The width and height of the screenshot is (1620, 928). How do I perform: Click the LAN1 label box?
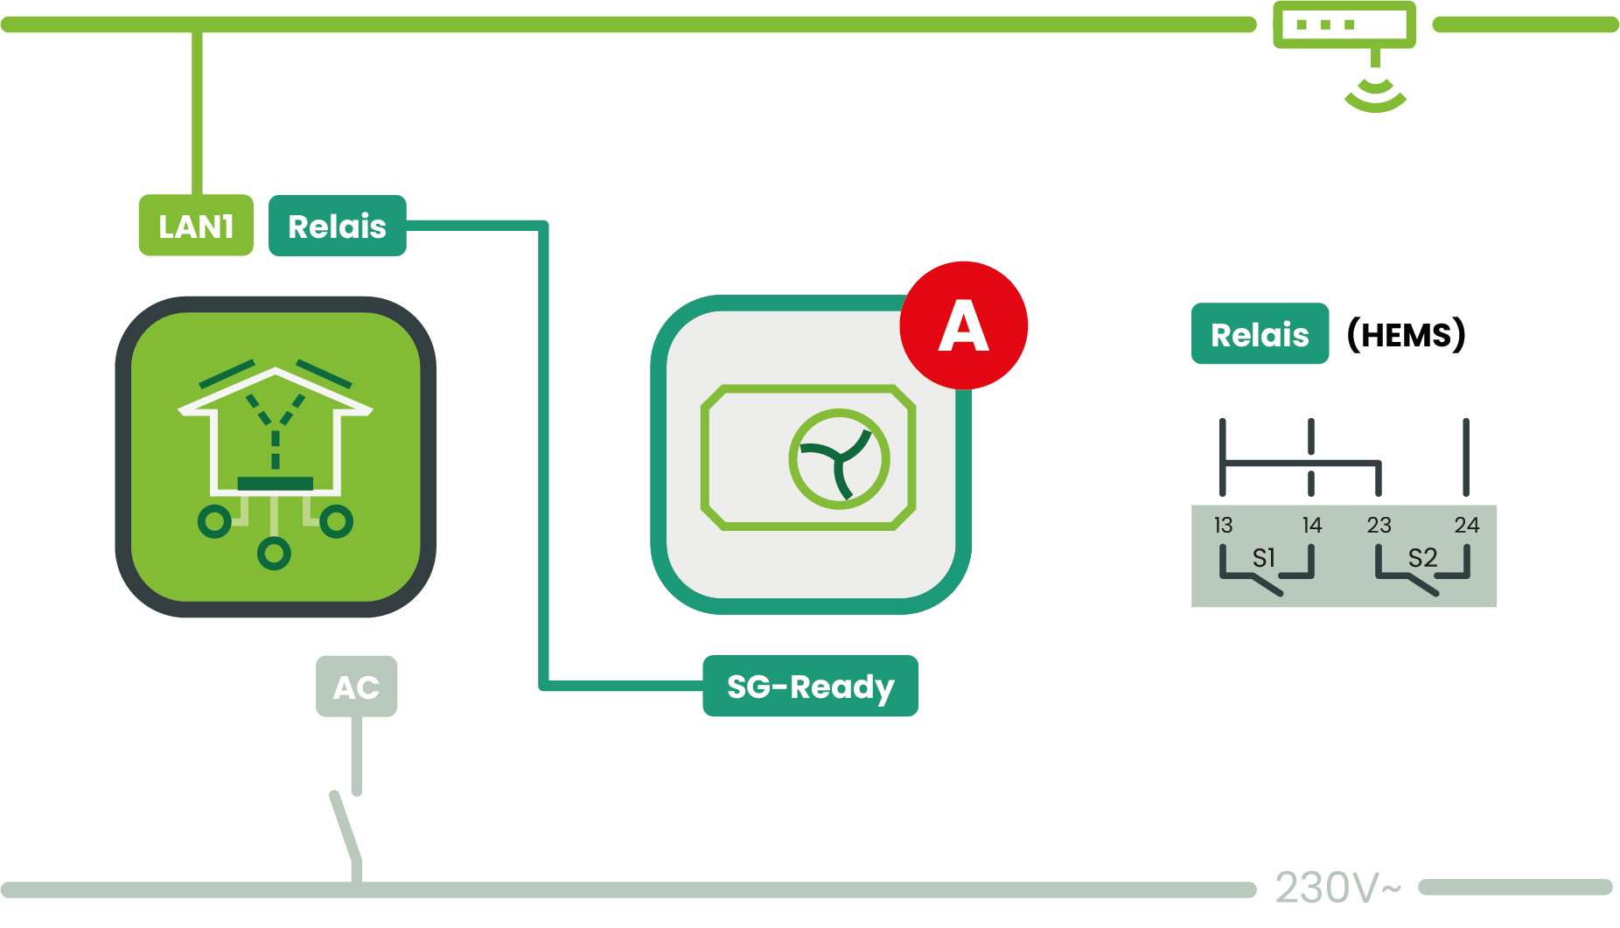pos(196,226)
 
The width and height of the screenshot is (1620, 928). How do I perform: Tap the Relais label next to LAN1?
pos(337,226)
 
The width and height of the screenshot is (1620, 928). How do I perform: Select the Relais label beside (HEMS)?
pos(1260,334)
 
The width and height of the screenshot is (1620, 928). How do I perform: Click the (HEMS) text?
pos(1406,334)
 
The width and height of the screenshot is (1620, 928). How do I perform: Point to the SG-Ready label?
pos(810,687)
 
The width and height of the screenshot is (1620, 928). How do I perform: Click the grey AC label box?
pos(356,687)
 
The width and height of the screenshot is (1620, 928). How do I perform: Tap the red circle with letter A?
pos(963,325)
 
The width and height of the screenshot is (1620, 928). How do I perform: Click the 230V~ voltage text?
pos(1337,888)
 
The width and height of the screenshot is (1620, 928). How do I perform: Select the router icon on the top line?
pos(1344,24)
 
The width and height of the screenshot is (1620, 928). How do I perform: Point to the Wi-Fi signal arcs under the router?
pos(1375,94)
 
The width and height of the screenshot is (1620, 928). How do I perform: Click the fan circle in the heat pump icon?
pos(839,458)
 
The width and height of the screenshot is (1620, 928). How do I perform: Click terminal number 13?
pos(1223,525)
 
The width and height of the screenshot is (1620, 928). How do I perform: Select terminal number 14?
pos(1312,525)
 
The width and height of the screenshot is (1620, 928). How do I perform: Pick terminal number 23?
pos(1379,525)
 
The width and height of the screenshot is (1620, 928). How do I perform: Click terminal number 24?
pos(1467,525)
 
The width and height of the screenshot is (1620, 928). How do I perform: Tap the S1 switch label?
pos(1264,557)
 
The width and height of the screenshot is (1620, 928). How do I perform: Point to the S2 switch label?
pos(1422,557)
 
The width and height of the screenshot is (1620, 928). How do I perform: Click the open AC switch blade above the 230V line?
pos(345,826)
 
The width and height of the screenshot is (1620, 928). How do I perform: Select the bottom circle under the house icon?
pos(274,553)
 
